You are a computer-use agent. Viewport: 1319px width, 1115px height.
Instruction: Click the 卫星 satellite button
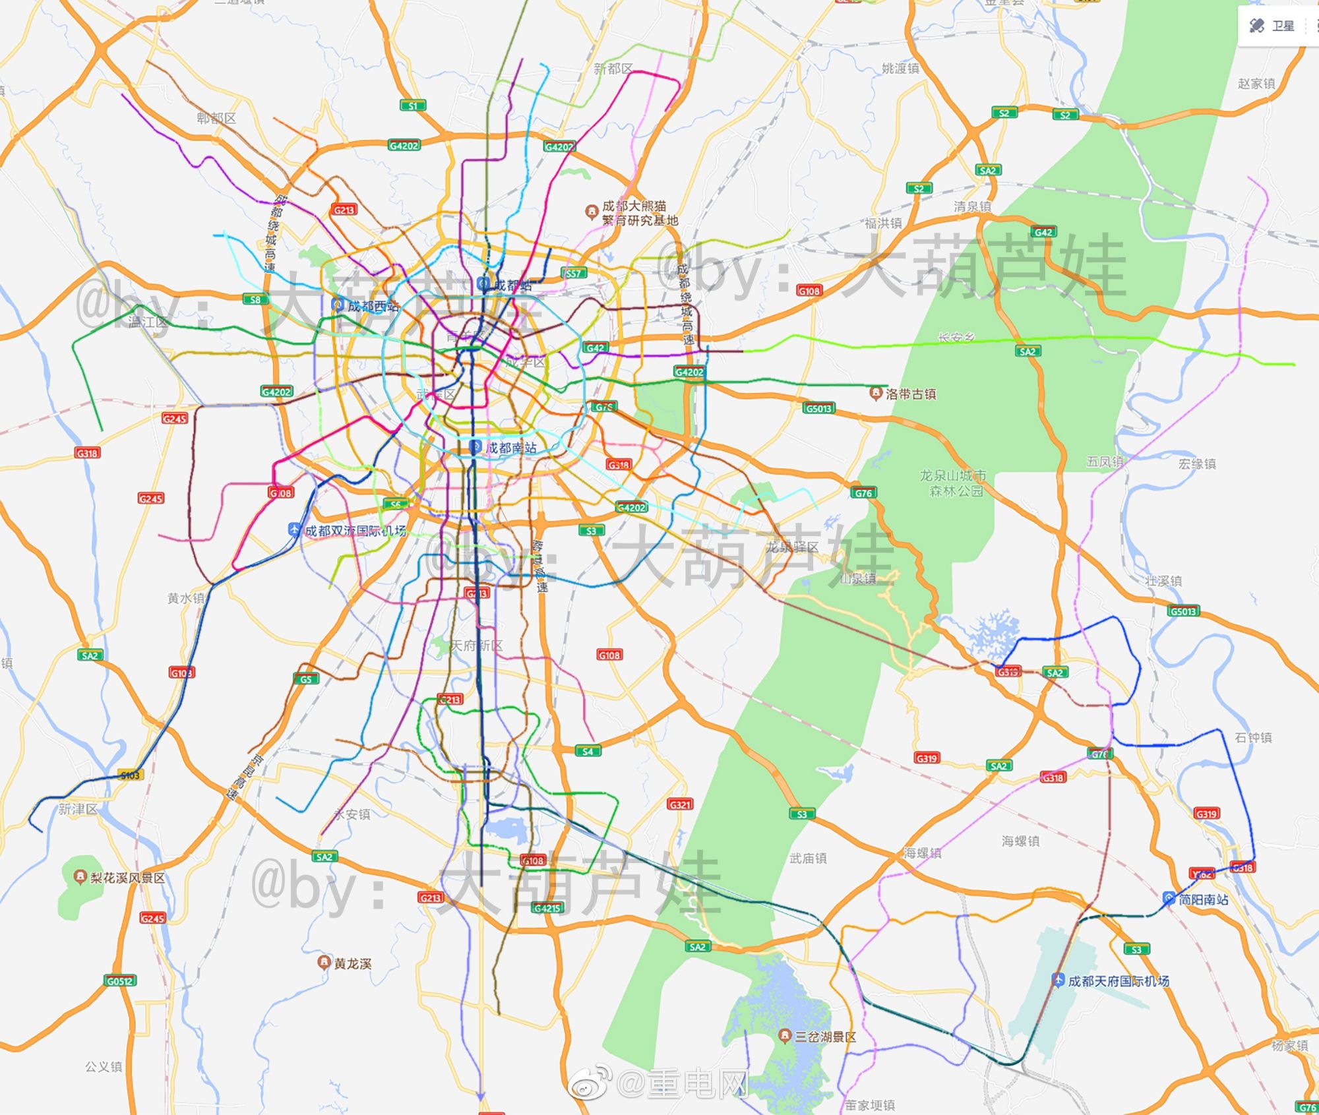click(1273, 26)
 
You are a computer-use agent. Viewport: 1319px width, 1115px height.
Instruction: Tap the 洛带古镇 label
click(910, 394)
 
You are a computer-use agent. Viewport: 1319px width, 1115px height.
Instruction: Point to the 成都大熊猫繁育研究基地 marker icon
click(592, 212)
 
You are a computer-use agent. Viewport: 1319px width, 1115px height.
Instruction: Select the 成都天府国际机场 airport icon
click(1058, 980)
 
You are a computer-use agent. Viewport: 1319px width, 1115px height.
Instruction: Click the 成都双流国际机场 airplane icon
click(295, 529)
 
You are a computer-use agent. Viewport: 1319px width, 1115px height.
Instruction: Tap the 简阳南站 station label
click(1203, 899)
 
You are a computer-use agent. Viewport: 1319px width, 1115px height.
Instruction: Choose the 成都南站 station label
click(511, 448)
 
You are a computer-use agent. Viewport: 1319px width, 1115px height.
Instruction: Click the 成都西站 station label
click(373, 306)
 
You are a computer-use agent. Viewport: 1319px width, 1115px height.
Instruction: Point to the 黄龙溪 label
click(352, 963)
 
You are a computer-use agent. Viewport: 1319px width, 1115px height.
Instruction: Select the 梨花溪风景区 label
click(127, 878)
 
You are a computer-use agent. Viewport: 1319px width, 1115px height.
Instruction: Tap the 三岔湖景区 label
click(825, 1037)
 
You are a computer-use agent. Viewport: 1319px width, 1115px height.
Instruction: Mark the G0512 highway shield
click(120, 980)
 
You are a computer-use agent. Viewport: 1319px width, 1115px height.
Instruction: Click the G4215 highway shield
click(547, 908)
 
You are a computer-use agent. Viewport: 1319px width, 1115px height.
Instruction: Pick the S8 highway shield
click(255, 299)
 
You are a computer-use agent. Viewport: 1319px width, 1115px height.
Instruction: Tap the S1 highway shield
click(413, 105)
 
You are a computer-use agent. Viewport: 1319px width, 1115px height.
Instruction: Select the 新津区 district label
click(77, 809)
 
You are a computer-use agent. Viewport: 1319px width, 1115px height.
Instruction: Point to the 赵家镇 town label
click(1256, 84)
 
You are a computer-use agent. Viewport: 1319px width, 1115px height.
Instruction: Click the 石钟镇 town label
click(1253, 737)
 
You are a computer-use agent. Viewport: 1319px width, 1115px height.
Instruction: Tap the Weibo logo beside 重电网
click(588, 1084)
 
